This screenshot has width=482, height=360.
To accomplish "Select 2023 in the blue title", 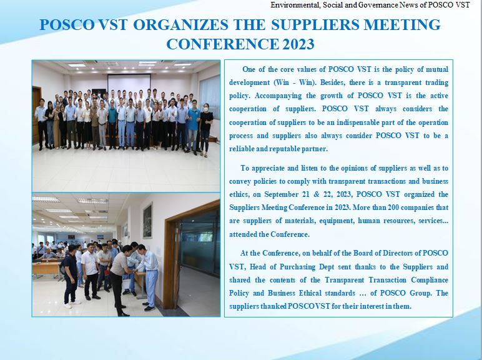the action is tap(298, 44).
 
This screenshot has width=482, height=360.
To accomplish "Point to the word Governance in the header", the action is tap(382, 4).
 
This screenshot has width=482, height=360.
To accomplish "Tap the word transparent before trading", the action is tap(403, 82).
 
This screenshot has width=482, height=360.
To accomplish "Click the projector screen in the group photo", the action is tap(129, 82).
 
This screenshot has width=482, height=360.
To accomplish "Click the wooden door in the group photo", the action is tap(36, 114).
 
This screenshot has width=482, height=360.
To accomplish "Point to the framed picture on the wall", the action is tap(147, 221).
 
